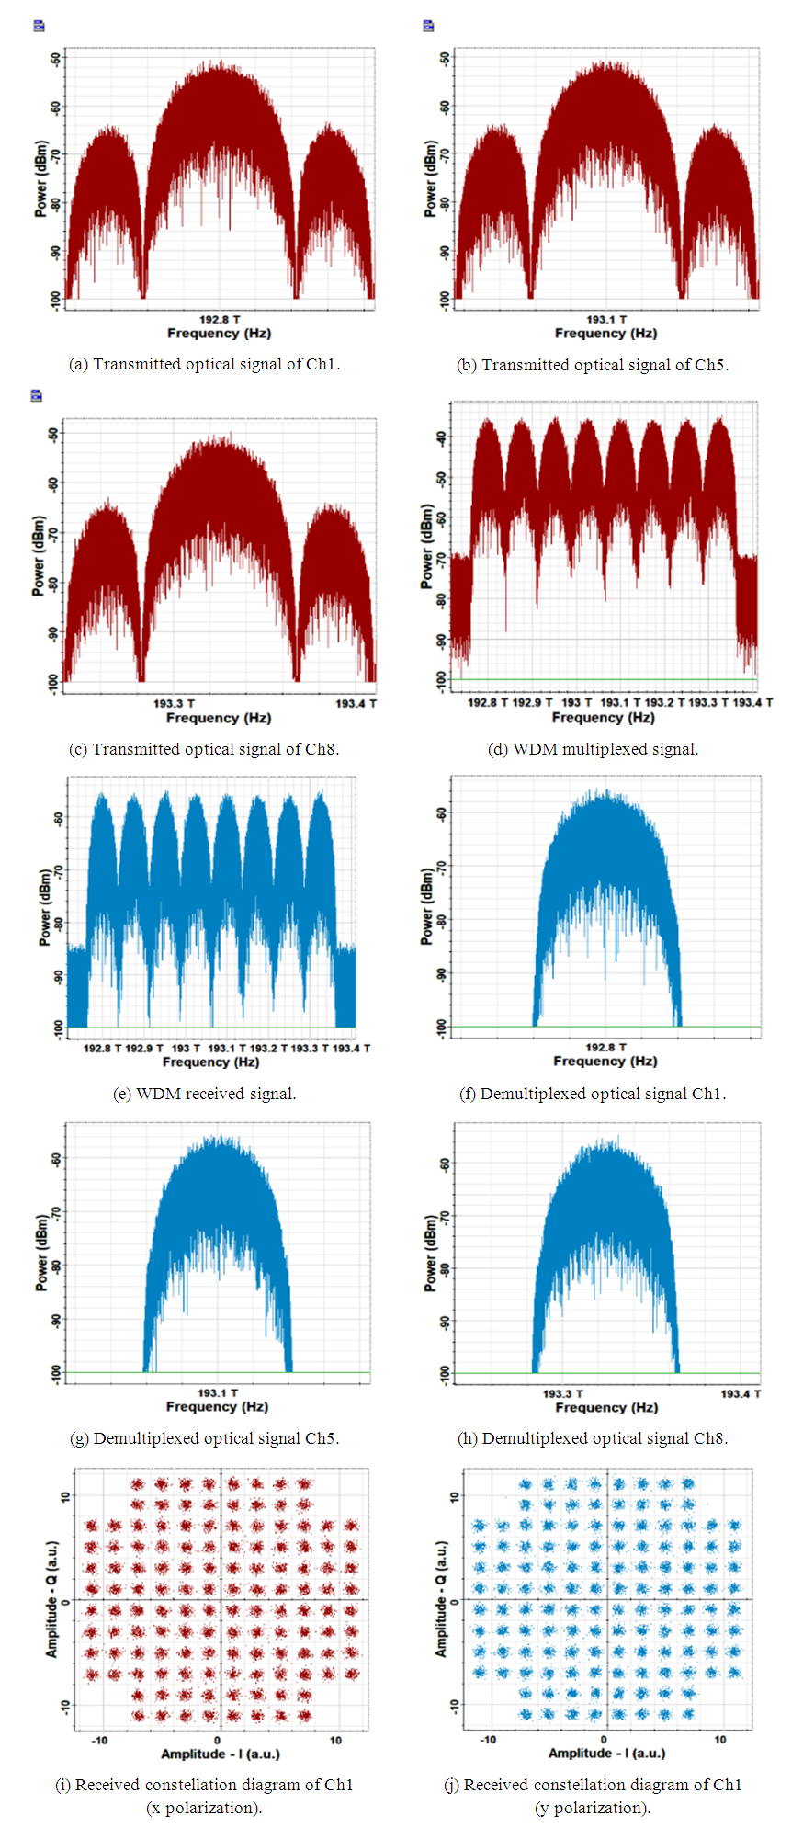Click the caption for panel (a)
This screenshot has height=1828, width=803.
click(x=205, y=364)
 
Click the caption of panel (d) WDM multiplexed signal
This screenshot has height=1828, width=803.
click(x=593, y=749)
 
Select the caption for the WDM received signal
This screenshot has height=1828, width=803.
click(x=205, y=1093)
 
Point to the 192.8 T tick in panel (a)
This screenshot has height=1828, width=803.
click(x=220, y=319)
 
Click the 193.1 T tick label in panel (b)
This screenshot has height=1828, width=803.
click(x=606, y=319)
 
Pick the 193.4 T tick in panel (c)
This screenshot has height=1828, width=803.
click(x=356, y=703)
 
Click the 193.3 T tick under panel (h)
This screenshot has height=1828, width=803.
click(x=562, y=1393)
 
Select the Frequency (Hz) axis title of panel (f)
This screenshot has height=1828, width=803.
click(x=605, y=1061)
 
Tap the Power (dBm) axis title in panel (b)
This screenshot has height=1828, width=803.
click(x=430, y=179)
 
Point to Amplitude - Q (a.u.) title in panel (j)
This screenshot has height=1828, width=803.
click(x=440, y=1599)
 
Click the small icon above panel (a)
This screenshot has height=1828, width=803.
click(x=39, y=26)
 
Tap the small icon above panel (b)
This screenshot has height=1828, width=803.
click(x=428, y=26)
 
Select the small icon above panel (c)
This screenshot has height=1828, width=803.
click(x=37, y=395)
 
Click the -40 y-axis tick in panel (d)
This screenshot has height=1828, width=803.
click(x=442, y=438)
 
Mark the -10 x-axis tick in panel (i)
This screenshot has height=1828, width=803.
click(x=99, y=1740)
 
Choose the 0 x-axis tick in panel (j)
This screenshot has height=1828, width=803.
click(x=604, y=1739)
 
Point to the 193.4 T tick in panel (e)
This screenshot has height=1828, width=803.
click(x=351, y=1048)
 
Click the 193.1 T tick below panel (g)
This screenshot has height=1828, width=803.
click(x=218, y=1392)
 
